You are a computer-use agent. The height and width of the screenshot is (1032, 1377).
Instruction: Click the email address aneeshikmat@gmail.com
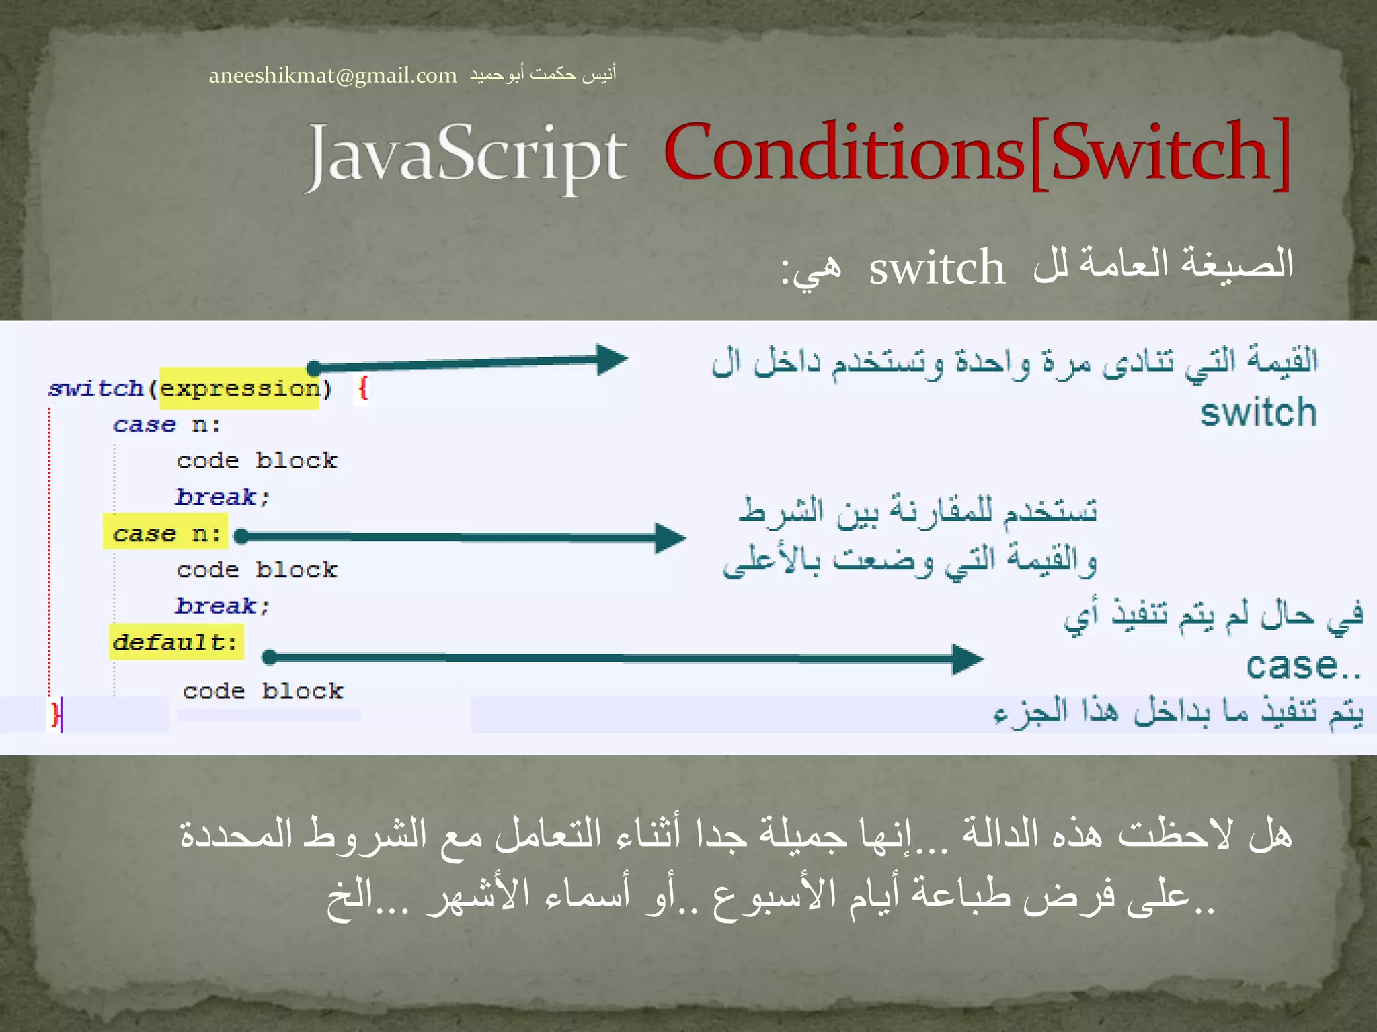point(332,75)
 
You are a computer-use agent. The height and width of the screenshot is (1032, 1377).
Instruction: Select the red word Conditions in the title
point(844,153)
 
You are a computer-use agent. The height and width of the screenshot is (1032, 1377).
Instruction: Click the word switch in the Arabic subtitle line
point(936,268)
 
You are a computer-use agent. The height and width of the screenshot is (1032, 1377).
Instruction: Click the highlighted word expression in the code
point(239,388)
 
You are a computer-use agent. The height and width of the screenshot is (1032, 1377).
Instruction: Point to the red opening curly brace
point(363,388)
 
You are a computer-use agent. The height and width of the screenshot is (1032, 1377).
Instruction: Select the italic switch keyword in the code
point(96,388)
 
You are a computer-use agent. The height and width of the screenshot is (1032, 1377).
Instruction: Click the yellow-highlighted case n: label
point(165,533)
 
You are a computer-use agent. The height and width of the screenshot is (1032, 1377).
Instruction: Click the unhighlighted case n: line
point(165,425)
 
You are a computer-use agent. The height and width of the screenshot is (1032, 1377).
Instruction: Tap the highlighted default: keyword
point(175,642)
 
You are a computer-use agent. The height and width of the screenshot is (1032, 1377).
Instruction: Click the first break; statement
point(222,497)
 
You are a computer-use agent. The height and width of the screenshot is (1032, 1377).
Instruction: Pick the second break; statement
point(222,606)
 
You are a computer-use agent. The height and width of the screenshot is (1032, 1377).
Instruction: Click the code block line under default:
point(262,691)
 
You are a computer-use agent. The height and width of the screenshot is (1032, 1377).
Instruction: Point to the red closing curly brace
point(55,714)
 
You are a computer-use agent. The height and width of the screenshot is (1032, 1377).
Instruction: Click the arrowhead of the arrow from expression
point(611,359)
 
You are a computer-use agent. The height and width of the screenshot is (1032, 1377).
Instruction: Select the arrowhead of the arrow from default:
point(967,658)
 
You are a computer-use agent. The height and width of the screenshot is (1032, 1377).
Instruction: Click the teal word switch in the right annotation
point(1258,413)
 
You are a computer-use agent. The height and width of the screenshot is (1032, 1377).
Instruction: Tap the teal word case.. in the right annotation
point(1302,666)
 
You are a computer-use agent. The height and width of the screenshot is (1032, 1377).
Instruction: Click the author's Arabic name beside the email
point(543,74)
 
